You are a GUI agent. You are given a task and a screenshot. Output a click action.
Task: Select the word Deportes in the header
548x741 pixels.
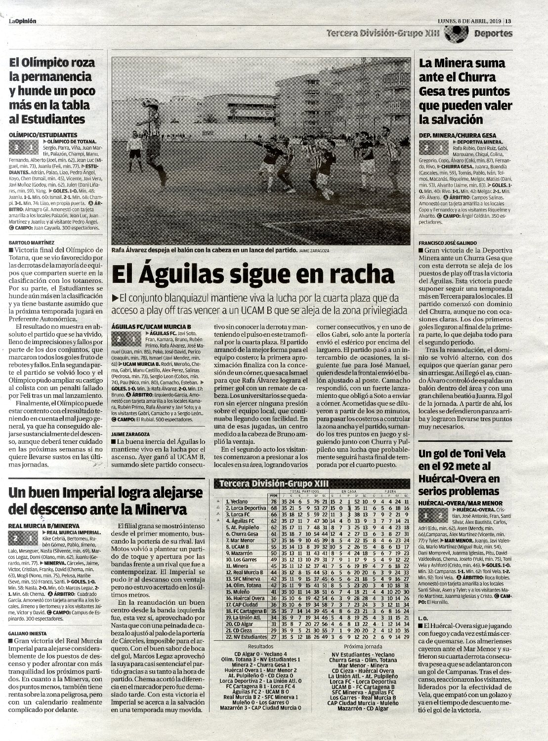tap(493, 34)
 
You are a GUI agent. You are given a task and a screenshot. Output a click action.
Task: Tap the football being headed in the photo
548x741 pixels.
tap(146, 103)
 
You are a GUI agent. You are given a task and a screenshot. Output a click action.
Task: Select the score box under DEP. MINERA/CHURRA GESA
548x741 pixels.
tap(431, 147)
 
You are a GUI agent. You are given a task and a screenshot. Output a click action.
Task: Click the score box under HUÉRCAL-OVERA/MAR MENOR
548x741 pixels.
tap(431, 515)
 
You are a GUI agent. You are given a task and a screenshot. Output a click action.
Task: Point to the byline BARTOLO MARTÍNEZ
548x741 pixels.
tap(32, 243)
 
